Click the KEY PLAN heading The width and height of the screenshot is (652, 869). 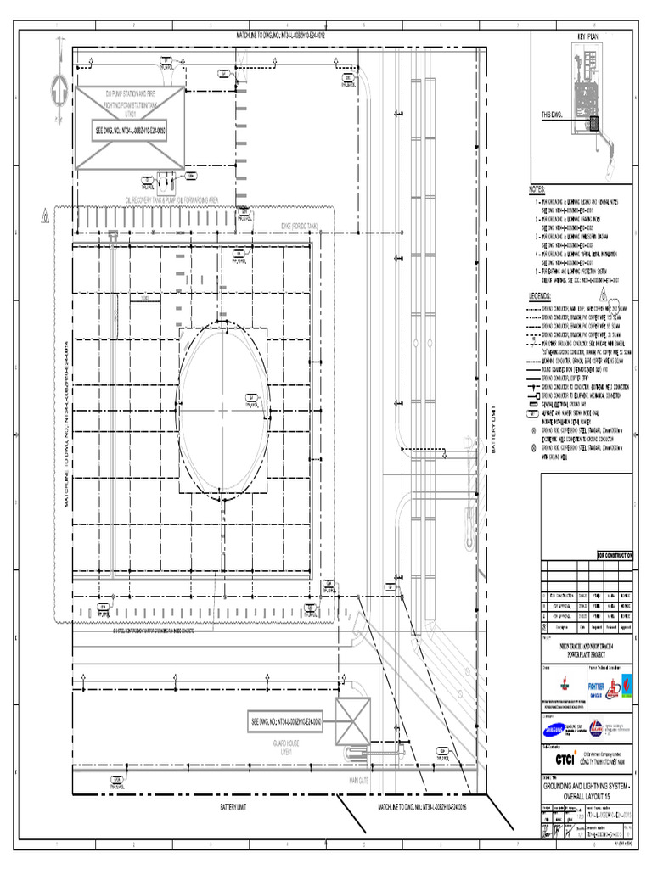[588, 38]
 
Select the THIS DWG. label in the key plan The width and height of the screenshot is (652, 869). [554, 113]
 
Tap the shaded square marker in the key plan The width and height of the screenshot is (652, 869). [593, 122]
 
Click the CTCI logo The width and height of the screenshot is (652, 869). [561, 758]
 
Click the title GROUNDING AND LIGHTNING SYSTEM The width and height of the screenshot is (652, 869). [587, 789]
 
